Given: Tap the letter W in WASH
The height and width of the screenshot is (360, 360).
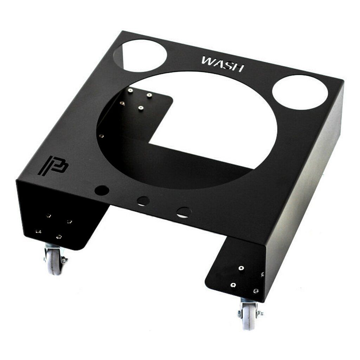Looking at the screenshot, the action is (207, 61).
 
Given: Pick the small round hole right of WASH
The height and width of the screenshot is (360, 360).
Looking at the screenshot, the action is (300, 92).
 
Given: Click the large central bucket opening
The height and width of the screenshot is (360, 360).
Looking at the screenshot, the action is (187, 130).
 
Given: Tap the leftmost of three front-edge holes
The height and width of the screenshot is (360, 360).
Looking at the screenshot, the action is (102, 190).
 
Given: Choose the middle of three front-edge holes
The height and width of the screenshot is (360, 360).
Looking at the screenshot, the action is (143, 201).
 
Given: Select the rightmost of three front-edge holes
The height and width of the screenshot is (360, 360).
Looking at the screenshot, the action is (184, 212).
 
